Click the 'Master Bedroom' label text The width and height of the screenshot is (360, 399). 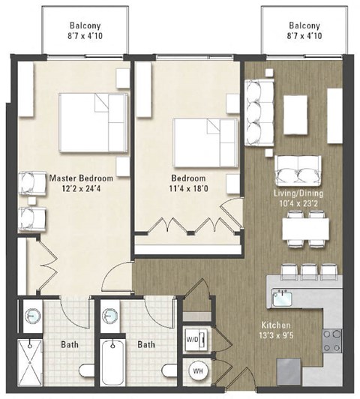pyautogui.click(x=81, y=178)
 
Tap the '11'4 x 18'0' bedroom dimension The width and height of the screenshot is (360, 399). pyautogui.click(x=188, y=189)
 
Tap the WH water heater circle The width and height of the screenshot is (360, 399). pyautogui.click(x=198, y=370)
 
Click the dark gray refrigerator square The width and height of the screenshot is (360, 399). pyautogui.click(x=288, y=370)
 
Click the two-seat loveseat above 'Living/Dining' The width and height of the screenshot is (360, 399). pyautogui.click(x=298, y=171)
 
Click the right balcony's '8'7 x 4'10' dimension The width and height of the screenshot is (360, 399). pyautogui.click(x=304, y=35)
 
